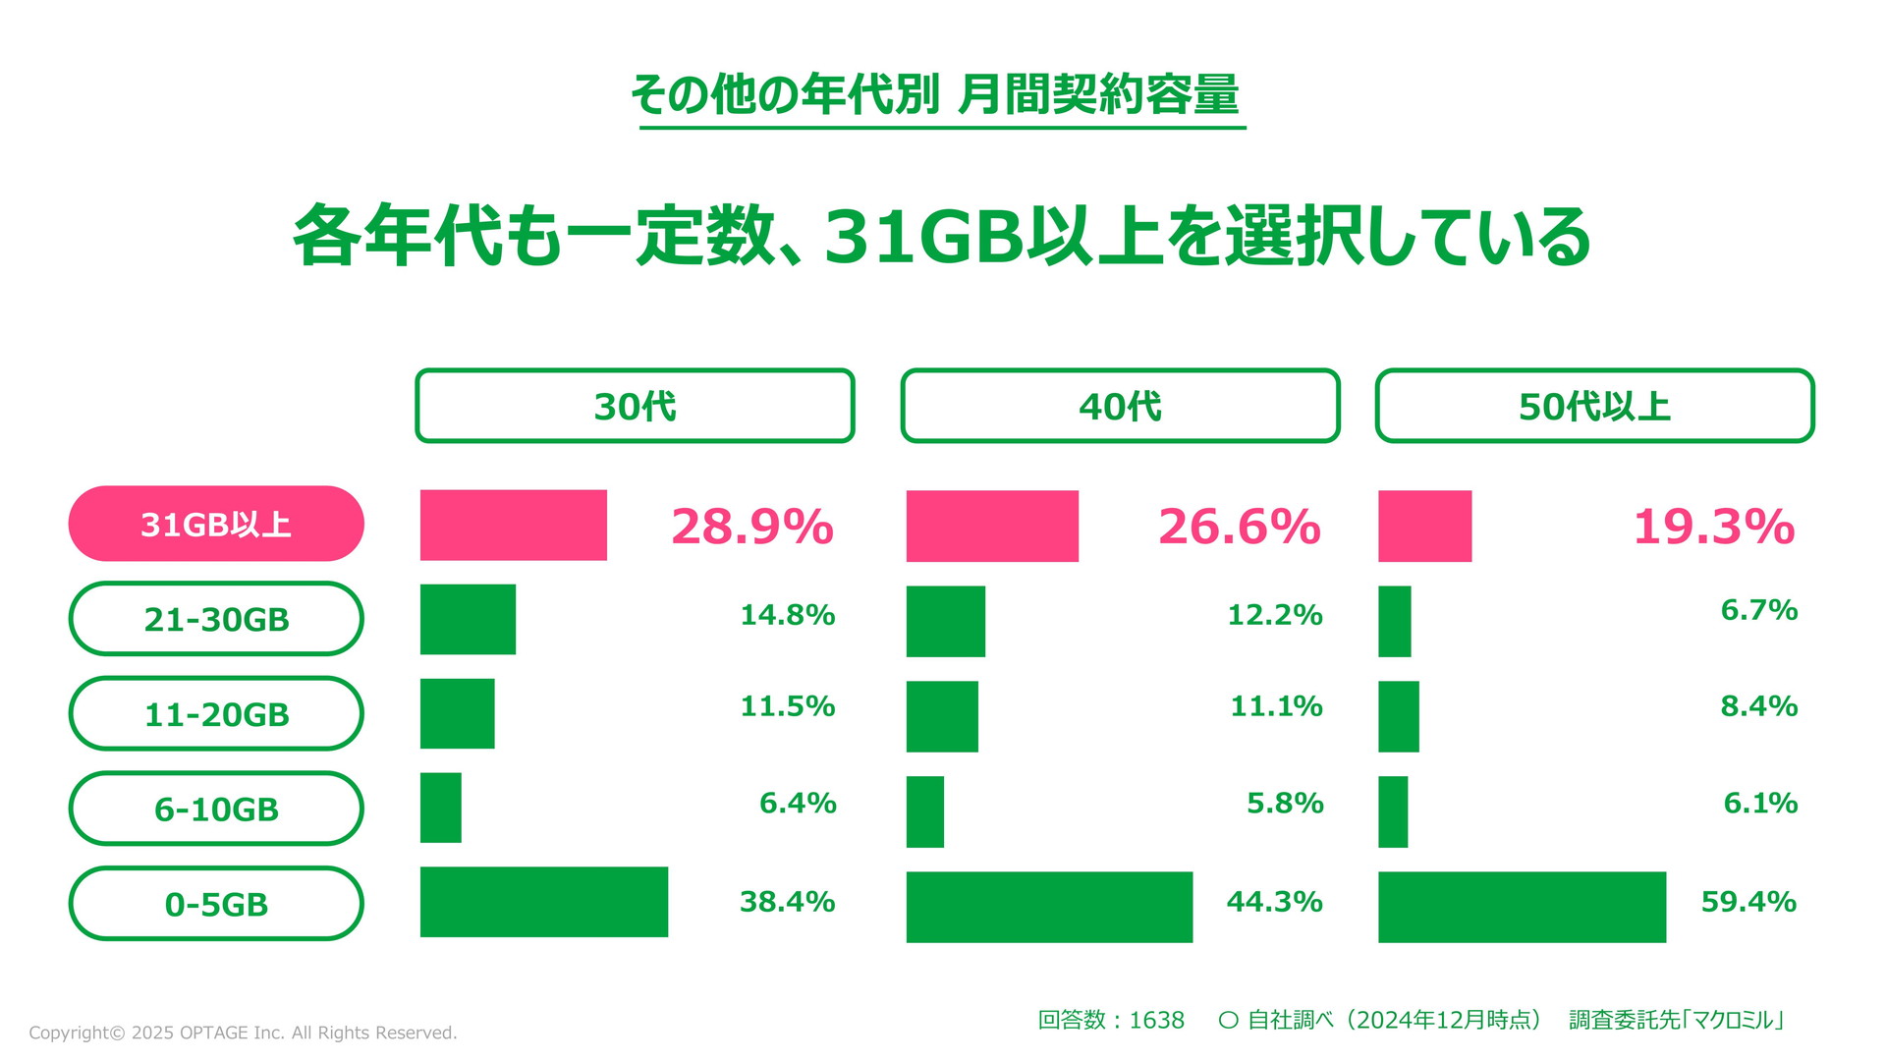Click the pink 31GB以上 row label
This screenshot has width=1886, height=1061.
click(x=216, y=524)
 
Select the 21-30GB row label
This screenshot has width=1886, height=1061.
click(x=216, y=619)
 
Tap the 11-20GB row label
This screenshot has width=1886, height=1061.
click(x=216, y=714)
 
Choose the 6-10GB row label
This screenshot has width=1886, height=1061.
click(x=216, y=809)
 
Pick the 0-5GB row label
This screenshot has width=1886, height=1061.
click(x=216, y=904)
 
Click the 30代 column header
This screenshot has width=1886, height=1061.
click(x=635, y=406)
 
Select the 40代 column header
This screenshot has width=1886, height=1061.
click(x=1120, y=406)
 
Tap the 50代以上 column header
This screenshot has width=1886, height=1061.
click(x=1594, y=406)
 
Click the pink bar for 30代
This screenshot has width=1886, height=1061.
click(x=513, y=526)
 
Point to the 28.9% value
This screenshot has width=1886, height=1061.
click(x=752, y=527)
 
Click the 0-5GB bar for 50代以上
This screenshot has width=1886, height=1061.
click(x=1522, y=907)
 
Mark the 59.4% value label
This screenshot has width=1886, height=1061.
click(x=1748, y=902)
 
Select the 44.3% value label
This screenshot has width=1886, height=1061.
click(x=1274, y=902)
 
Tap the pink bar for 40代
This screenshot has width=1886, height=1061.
click(x=992, y=527)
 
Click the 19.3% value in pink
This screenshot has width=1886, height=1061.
click(x=1714, y=527)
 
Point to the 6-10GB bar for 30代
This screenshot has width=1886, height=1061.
click(x=441, y=808)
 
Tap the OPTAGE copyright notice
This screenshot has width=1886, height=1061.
click(x=243, y=1033)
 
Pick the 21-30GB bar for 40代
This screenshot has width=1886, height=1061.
click(x=945, y=621)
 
